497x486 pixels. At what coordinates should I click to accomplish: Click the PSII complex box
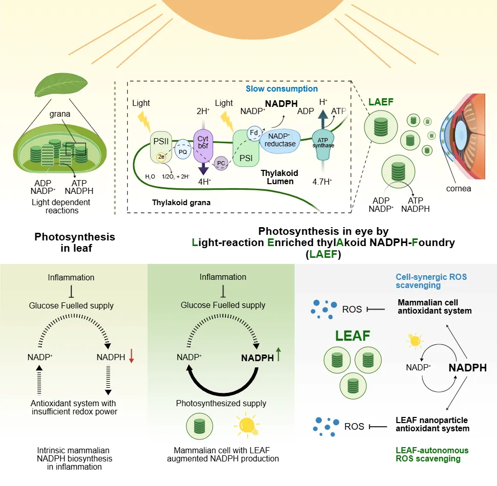click(x=161, y=147)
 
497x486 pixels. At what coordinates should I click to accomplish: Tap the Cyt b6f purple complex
click(x=203, y=145)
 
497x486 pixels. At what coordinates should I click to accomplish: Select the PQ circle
click(x=183, y=149)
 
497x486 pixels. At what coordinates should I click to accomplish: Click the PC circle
click(x=221, y=163)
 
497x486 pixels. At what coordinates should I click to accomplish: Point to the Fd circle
click(x=254, y=133)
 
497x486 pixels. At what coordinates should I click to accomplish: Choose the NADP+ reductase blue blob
click(x=280, y=141)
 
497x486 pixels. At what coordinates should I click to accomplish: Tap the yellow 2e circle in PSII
click(x=161, y=157)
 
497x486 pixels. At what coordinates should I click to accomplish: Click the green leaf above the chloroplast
click(x=61, y=85)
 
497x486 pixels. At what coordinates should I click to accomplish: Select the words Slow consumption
click(x=282, y=89)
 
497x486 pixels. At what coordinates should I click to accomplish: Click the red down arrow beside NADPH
click(x=132, y=356)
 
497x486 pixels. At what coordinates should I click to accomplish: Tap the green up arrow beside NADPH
click(x=278, y=354)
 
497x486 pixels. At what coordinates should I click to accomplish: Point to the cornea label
click(x=459, y=189)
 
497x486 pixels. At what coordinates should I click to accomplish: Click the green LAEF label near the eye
click(x=381, y=102)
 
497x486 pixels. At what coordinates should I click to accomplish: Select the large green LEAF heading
click(x=353, y=336)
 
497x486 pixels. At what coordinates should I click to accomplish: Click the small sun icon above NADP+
click(x=415, y=341)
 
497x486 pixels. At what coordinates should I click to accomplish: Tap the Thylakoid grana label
click(x=181, y=203)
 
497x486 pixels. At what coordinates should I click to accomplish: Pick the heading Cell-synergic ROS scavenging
click(x=431, y=281)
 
